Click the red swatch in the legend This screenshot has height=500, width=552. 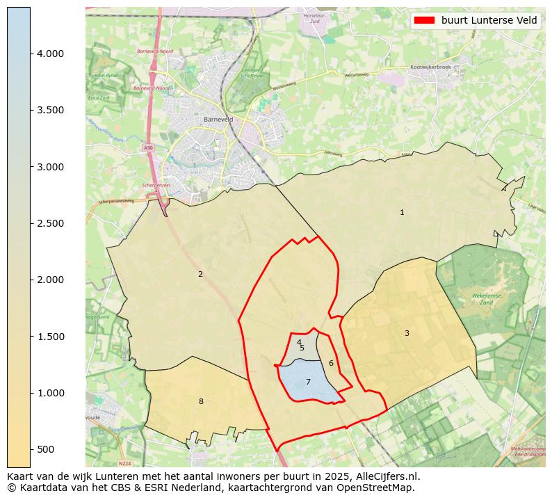coord(424,20)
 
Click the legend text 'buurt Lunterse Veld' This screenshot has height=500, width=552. coord(489,20)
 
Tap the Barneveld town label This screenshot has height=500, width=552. coord(218,120)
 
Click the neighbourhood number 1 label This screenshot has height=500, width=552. coord(402,212)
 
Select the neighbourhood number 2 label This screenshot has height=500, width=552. coord(200,274)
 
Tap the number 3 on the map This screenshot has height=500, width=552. coord(407,333)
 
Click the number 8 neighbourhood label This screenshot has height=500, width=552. coord(201,401)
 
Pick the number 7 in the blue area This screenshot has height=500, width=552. coord(308,382)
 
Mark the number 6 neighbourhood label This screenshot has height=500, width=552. coord(331,363)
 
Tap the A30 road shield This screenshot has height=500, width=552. coord(148,148)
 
